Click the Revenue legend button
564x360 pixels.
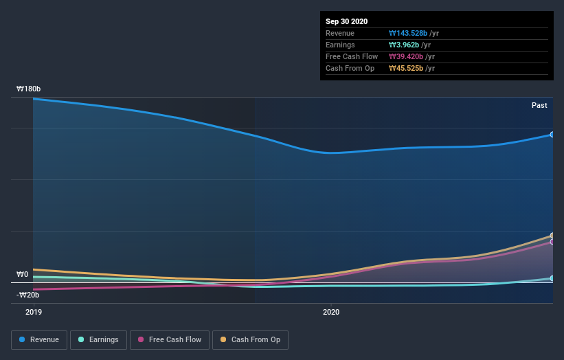click(x=40, y=339)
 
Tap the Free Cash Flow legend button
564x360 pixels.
click(x=169, y=339)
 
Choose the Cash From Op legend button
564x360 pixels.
click(x=250, y=339)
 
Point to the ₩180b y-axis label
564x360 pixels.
click(x=29, y=89)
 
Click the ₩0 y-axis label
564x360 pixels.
click(x=22, y=275)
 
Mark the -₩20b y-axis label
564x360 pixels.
click(x=27, y=295)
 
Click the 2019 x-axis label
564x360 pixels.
click(x=34, y=312)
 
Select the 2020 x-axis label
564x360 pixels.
click(x=331, y=312)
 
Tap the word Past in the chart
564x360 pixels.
click(x=539, y=105)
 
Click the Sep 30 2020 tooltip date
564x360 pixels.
click(x=347, y=21)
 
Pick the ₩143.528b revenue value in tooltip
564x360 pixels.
click(x=408, y=33)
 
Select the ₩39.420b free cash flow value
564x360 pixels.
click(x=406, y=56)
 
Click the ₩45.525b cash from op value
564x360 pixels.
click(x=406, y=68)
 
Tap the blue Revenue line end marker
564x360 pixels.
click(x=552, y=135)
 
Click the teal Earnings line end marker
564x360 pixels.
click(x=552, y=278)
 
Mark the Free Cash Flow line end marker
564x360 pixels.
click(x=552, y=242)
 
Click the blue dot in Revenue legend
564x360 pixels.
click(x=23, y=339)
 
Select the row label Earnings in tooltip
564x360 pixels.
click(x=340, y=45)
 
